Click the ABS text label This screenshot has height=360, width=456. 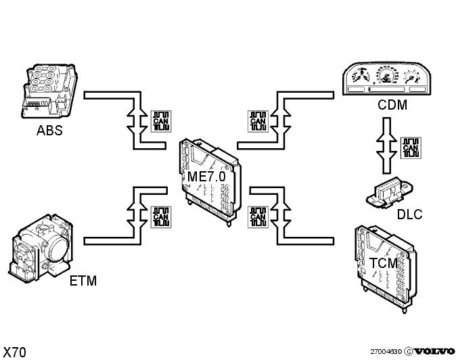(49, 131)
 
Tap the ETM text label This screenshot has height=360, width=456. (83, 279)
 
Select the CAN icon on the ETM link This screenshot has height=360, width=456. (161, 216)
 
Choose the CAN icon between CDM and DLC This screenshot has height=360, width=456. (410, 148)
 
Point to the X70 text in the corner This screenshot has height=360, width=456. (16, 352)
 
